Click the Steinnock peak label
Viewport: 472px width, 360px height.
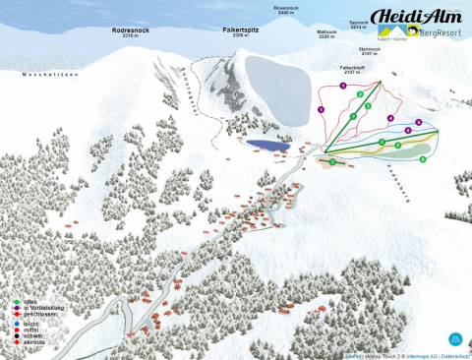pyautogui.click(x=370, y=49)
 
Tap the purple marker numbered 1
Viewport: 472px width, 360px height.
pyautogui.click(x=342, y=87)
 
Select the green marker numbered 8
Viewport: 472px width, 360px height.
pyautogui.click(x=423, y=158)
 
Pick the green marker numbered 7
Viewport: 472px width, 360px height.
pyautogui.click(x=397, y=145)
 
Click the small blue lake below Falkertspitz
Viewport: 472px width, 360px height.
pyautogui.click(x=263, y=145)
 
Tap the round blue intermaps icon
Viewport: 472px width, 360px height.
pyautogui.click(x=453, y=338)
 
